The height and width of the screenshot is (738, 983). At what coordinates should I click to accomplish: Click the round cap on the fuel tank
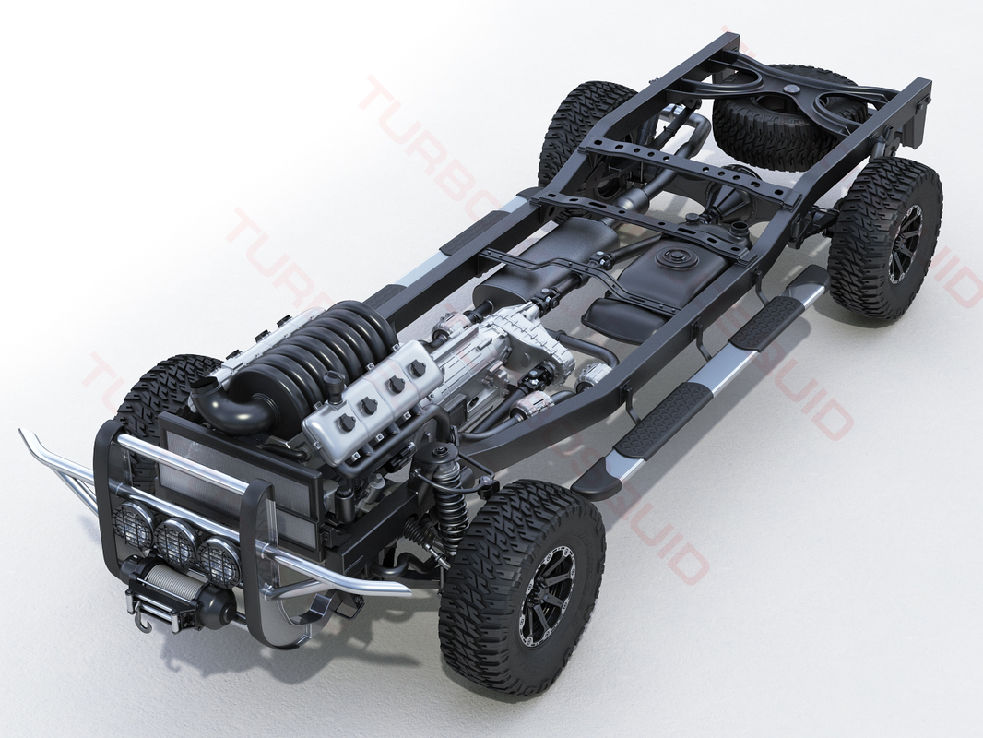[677, 259]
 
